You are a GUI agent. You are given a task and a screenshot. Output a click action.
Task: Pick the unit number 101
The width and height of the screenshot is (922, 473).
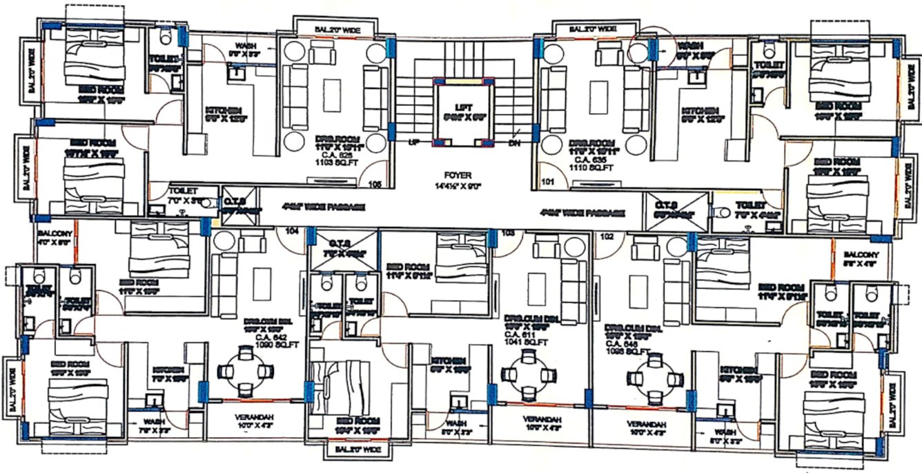coord(549,183)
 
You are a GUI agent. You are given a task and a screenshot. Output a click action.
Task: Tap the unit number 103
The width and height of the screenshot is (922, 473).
coord(509,233)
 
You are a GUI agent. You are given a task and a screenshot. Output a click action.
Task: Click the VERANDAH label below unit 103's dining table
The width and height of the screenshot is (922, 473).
coord(540,419)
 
